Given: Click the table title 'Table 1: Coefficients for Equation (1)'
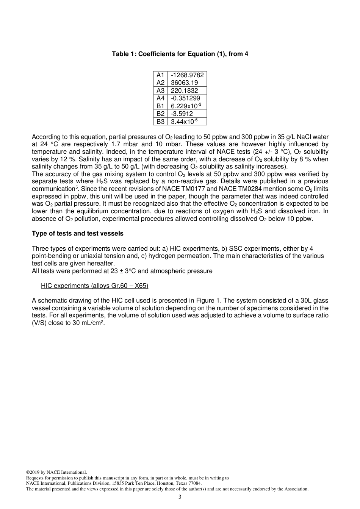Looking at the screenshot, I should coord(180,54).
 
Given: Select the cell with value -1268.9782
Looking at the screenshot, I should coord(187,75).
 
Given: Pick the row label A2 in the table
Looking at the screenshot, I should coord(160,83).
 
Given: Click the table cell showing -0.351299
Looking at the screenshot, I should coord(185,98).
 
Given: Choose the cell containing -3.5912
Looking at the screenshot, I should coord(182,114).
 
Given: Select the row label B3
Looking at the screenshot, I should coord(160,122).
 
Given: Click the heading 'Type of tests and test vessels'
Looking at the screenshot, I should coord(77,233).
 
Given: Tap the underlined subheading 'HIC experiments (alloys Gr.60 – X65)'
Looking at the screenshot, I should coord(94,286).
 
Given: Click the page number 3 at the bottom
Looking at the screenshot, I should coord(180,497).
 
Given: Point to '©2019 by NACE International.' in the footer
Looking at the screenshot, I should coord(56,472).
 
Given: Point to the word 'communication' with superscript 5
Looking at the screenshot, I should coord(53,189).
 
